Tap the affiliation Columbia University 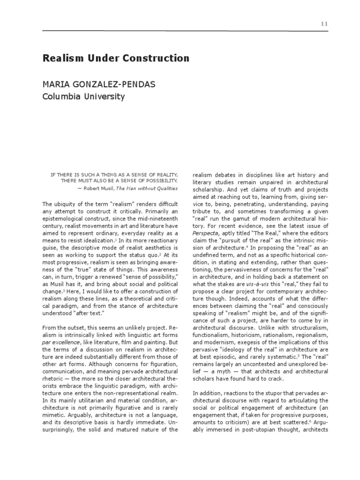point(84,97)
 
